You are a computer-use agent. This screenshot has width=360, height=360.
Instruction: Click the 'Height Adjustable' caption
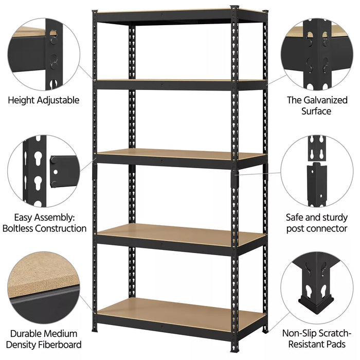(43, 100)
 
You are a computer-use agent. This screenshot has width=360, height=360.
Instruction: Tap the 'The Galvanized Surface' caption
(316, 105)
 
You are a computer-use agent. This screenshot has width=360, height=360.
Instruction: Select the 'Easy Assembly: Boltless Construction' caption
(44, 223)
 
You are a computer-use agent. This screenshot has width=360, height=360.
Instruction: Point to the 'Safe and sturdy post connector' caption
(316, 223)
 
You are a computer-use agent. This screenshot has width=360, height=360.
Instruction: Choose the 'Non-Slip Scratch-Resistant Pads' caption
(317, 339)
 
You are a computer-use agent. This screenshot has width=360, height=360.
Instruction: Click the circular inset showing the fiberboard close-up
(44, 288)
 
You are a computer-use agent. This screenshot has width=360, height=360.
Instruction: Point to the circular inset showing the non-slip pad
(317, 288)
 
